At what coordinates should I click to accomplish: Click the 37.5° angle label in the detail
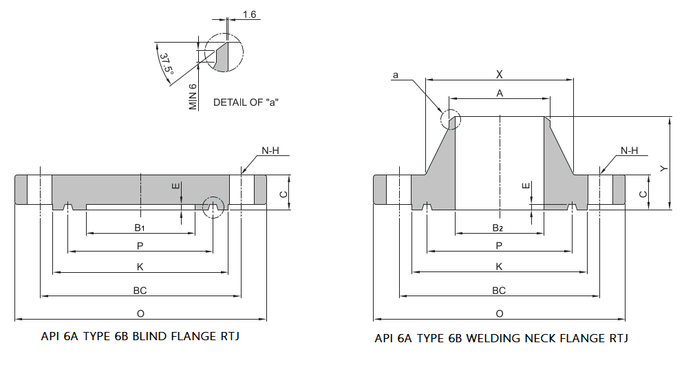click(165, 64)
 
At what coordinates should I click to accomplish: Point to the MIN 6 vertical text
click(193, 97)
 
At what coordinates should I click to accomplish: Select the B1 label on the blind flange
click(140, 227)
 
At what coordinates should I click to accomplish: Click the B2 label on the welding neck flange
click(499, 227)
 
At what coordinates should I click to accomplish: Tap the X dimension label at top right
click(500, 74)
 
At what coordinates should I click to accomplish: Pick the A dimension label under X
click(500, 92)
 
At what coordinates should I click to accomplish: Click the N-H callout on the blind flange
click(270, 151)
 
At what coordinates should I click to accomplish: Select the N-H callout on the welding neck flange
click(629, 151)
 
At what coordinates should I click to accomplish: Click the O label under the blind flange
click(140, 313)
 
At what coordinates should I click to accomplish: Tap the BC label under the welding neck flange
click(499, 291)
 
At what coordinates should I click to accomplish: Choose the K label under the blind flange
click(140, 267)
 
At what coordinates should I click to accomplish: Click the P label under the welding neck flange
click(499, 245)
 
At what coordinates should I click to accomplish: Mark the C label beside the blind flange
click(283, 194)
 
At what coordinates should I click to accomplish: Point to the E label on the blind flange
click(176, 186)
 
